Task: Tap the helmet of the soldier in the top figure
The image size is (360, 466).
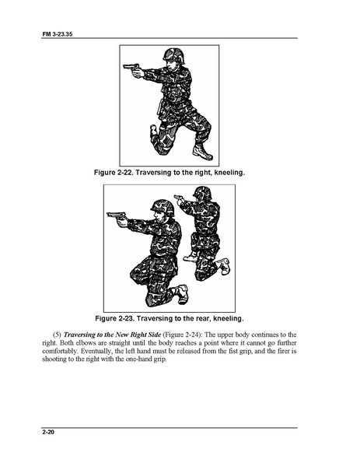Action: pos(174,55)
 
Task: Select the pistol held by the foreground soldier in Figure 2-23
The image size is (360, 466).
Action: pos(116,215)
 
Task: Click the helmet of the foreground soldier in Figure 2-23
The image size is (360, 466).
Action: pos(163,208)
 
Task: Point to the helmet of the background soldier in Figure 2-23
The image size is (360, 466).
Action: pos(203,192)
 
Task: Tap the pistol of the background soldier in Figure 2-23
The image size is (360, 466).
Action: pos(178,198)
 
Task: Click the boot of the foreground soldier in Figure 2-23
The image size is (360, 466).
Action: pos(181,294)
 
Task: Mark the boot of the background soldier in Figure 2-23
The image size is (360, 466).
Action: pos(224,266)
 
